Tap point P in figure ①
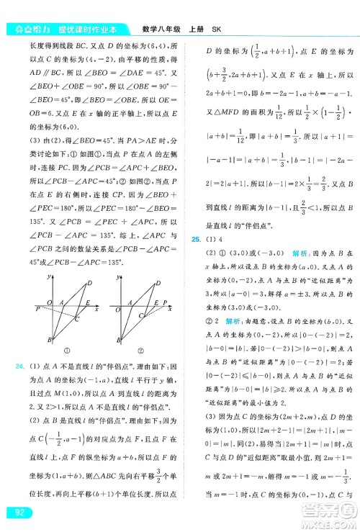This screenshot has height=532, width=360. coord(37,307)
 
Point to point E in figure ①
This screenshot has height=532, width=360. coord(87,302)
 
